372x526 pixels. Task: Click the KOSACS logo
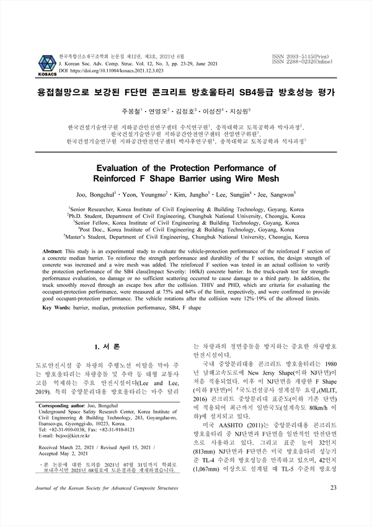47,61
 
